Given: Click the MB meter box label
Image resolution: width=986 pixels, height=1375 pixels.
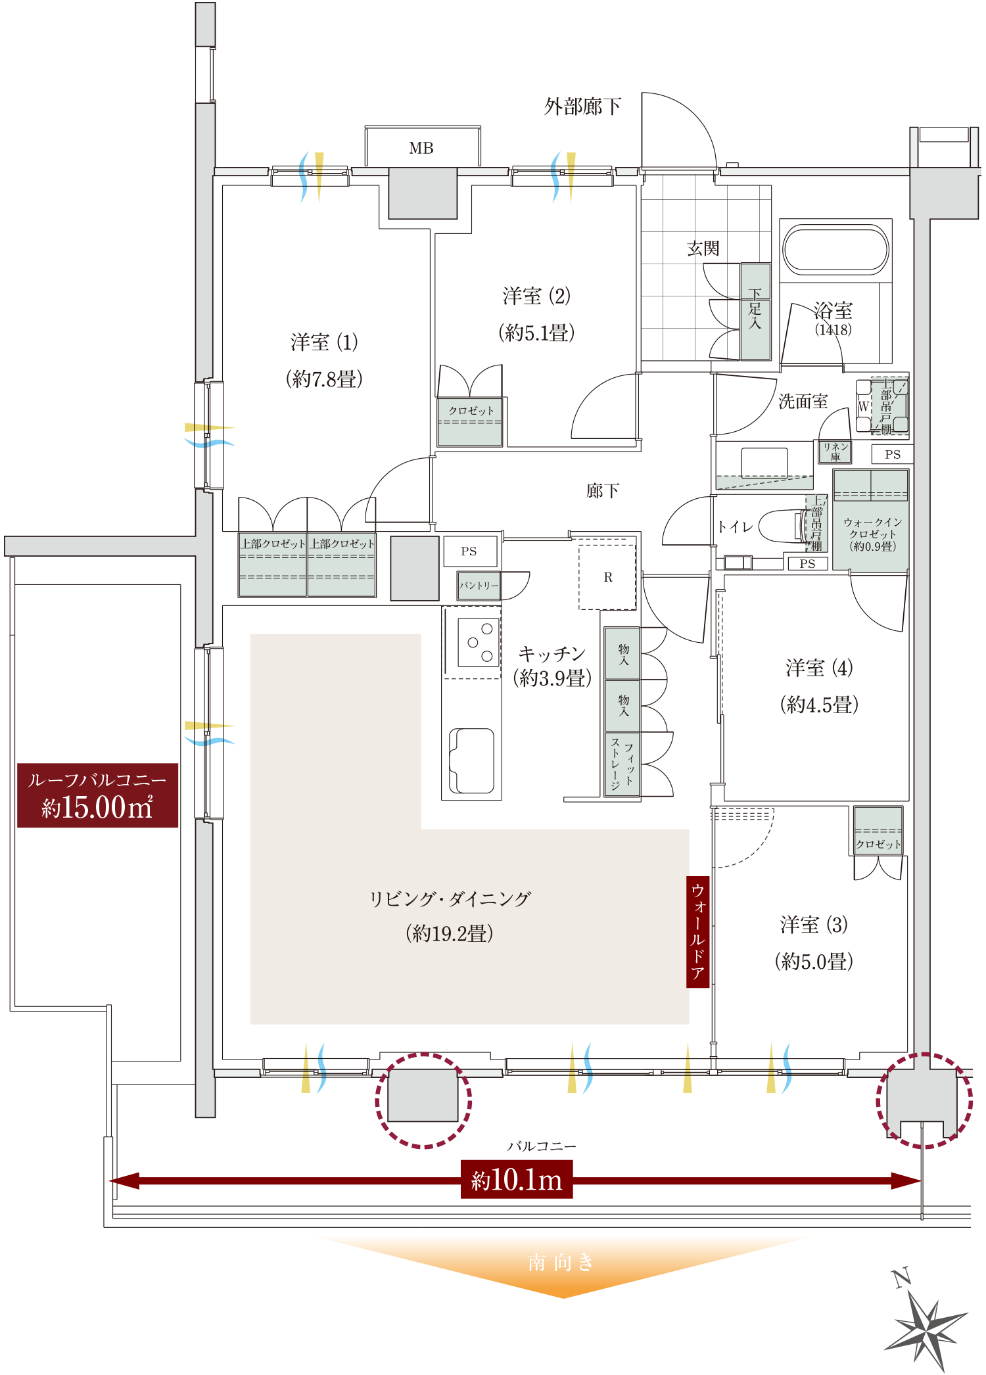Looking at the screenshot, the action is click(x=421, y=149).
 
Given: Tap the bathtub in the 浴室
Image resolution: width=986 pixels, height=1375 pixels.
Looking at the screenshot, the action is click(x=835, y=250).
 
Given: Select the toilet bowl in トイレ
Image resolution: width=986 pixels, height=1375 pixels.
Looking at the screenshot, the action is click(x=782, y=526).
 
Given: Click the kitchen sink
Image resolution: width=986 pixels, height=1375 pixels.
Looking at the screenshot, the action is click(x=471, y=760).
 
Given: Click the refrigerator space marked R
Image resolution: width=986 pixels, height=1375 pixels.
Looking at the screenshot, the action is click(x=607, y=577).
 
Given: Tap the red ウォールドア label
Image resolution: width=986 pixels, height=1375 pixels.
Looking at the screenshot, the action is click(x=697, y=931).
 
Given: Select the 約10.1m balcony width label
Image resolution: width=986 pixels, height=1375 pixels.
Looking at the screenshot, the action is click(x=517, y=1179).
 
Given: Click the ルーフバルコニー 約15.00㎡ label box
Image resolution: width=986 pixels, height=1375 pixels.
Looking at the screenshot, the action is click(x=97, y=795).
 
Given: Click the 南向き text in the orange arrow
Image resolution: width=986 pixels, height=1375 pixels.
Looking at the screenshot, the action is click(x=561, y=1262).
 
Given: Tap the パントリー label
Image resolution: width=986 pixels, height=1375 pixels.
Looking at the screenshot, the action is click(x=479, y=586).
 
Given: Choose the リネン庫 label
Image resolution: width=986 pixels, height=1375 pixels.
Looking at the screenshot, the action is click(x=835, y=452).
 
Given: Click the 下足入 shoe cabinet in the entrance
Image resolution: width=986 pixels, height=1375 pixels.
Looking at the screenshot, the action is click(x=755, y=312).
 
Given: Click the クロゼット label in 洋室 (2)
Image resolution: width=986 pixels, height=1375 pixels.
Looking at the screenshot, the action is click(x=471, y=411).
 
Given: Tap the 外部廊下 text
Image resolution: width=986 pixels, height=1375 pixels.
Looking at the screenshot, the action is click(x=582, y=106).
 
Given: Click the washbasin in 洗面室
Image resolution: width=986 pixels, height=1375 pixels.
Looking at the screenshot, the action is click(x=764, y=463).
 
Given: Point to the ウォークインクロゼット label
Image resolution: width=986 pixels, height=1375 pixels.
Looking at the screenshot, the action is click(x=872, y=534).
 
